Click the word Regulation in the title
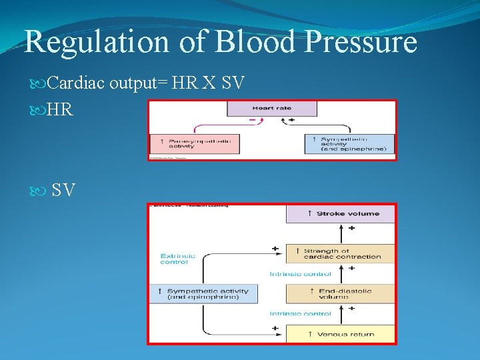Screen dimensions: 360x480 (97, 42)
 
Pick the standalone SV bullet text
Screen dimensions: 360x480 (63, 191)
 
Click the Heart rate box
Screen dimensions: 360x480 (272, 109)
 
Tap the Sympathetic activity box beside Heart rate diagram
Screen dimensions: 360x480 (349, 143)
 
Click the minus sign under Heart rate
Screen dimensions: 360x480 (252, 120)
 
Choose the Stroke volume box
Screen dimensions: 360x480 (341, 213)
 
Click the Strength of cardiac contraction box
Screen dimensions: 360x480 (341, 253)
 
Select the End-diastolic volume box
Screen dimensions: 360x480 (341, 293)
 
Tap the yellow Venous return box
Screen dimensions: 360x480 (341, 334)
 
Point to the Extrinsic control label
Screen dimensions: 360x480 (178, 259)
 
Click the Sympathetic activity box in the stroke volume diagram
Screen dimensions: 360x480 (203, 294)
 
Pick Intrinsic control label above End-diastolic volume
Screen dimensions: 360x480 (301, 274)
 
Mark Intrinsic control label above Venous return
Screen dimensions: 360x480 (301, 313)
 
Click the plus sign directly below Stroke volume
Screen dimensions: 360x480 (351, 228)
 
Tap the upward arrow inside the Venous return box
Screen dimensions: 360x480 (309, 334)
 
